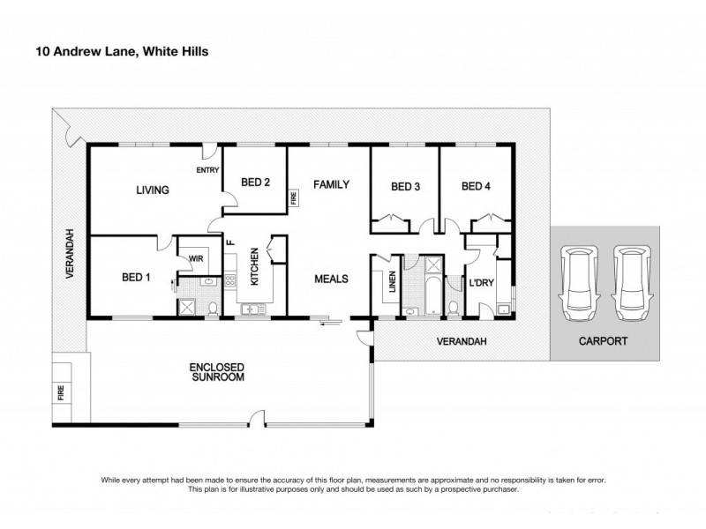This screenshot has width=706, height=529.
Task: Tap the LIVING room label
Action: click(153, 190)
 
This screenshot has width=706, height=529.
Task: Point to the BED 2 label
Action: click(255, 183)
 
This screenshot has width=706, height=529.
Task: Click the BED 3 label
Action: click(404, 186)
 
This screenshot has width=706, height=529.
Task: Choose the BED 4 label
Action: click(475, 186)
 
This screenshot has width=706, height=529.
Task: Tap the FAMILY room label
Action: click(332, 185)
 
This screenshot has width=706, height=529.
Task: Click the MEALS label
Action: click(332, 279)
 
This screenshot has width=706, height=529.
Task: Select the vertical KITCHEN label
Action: click(253, 264)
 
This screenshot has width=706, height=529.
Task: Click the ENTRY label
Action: click(207, 170)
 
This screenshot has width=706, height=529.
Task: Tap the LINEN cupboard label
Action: click(392, 284)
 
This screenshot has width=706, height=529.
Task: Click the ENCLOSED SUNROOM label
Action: click(216, 371)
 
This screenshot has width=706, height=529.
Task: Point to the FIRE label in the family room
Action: click(294, 199)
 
